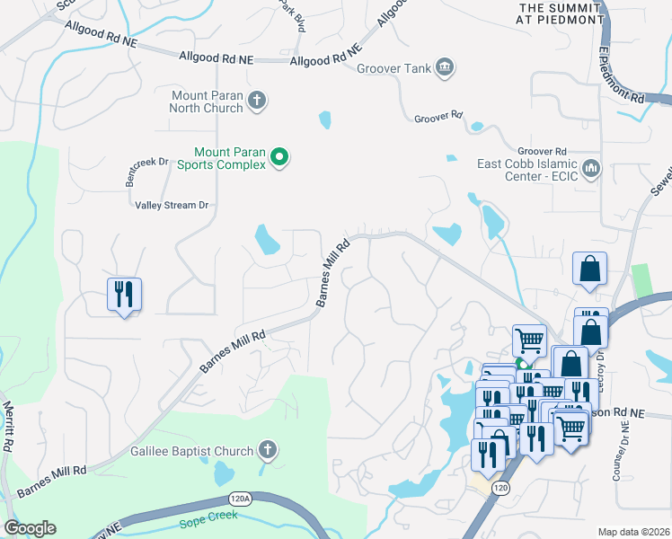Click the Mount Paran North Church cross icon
point(257,101)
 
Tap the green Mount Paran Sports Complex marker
point(279,158)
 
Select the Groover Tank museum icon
point(444,68)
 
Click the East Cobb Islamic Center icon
point(591,168)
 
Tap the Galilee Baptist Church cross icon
point(267,449)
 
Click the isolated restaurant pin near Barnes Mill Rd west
point(123,295)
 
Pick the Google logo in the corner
point(30,528)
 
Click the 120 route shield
point(500,486)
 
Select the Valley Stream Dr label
point(172,206)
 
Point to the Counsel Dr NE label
point(618,450)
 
